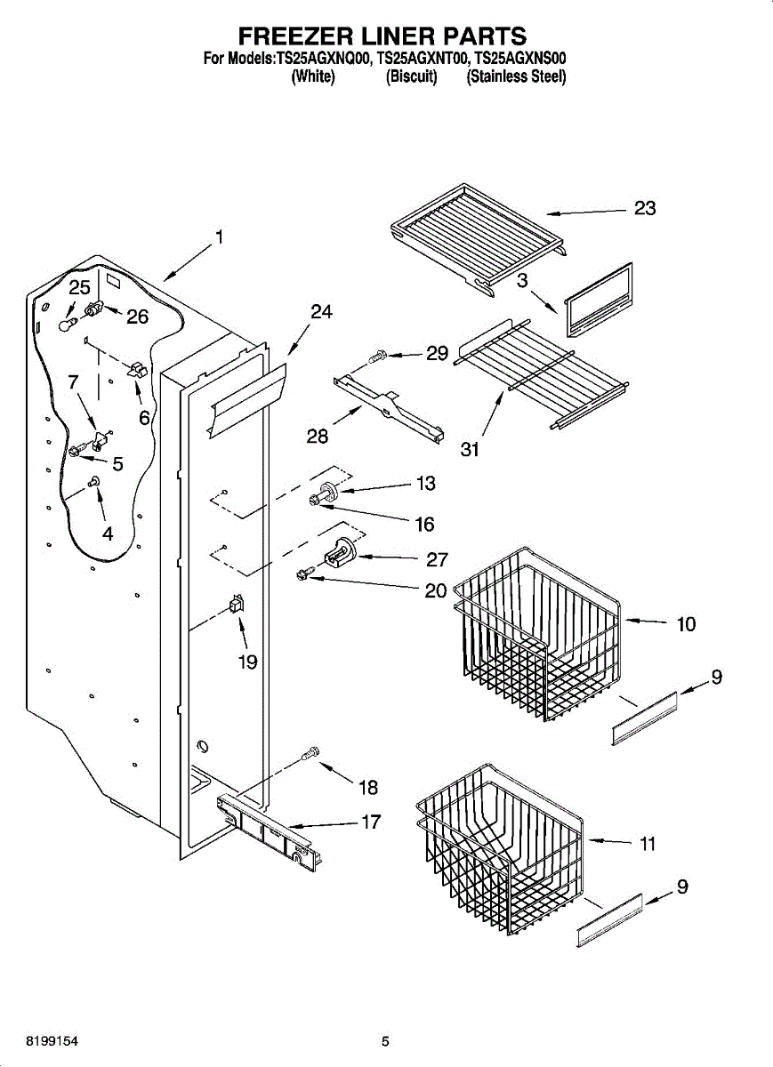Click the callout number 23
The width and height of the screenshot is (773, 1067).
click(x=645, y=208)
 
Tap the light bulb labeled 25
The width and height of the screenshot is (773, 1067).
click(x=65, y=325)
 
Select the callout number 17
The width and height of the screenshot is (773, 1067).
click(x=370, y=822)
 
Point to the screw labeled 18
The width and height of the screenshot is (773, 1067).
click(x=310, y=753)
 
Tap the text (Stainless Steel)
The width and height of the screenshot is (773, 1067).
click(x=516, y=76)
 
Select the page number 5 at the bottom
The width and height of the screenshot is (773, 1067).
click(x=385, y=1041)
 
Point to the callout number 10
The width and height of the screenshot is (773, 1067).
click(x=686, y=624)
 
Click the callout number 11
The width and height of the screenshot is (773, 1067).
click(x=648, y=843)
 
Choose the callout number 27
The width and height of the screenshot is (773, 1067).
click(x=437, y=558)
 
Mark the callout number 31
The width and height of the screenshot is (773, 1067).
click(x=470, y=450)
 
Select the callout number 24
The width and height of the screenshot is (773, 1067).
click(x=321, y=312)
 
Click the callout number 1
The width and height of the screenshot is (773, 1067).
click(x=218, y=237)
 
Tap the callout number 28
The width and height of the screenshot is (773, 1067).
click(x=318, y=436)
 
